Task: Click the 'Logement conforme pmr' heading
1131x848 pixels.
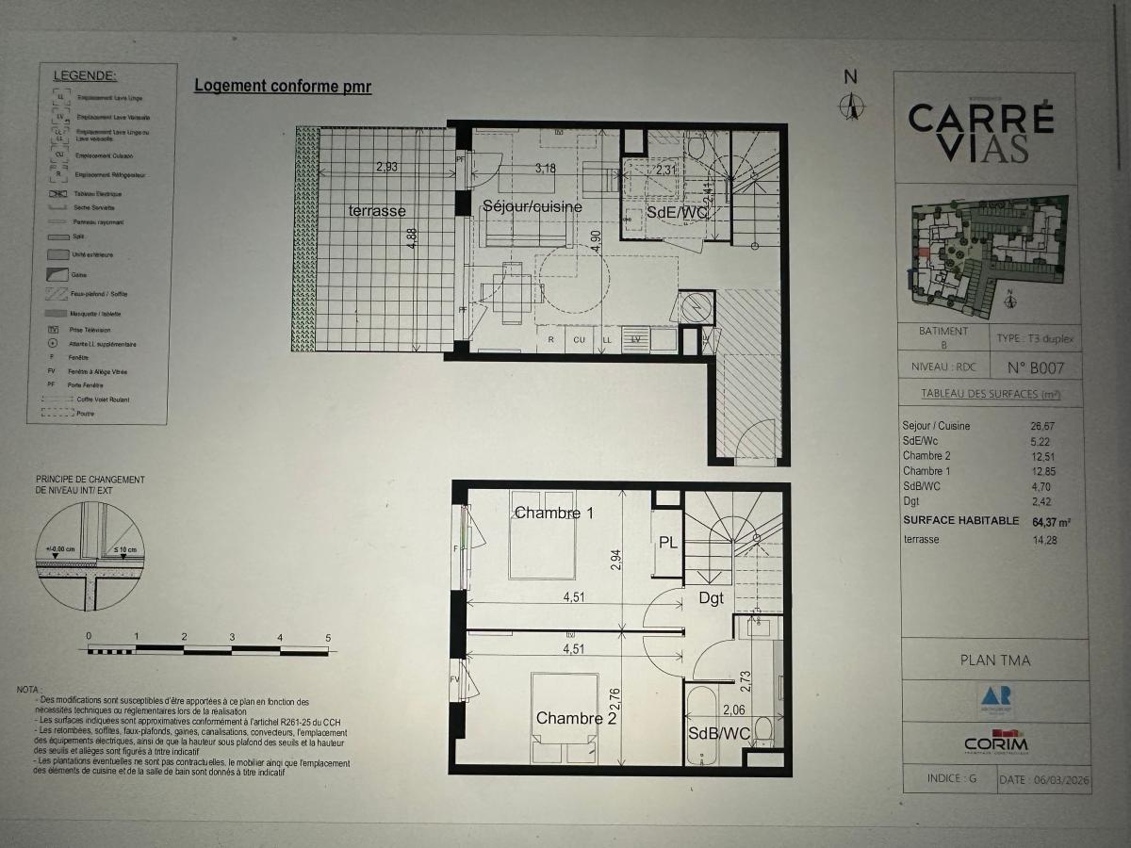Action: coord(283,87)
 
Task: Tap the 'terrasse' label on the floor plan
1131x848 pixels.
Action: coord(376,211)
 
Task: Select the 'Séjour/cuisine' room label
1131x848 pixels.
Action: coord(532,206)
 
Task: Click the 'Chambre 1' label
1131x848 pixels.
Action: coord(553,513)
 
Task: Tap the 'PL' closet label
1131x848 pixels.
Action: coord(668,543)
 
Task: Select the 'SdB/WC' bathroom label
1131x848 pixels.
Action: coord(719,734)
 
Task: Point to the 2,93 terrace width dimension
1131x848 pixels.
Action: coord(386,168)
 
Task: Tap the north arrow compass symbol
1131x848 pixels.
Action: coord(851,104)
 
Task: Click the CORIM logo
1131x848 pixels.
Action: coord(995,742)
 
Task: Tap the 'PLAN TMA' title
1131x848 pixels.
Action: coord(994,660)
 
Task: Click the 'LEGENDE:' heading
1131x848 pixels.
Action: coord(85,75)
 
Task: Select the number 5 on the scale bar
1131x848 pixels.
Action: coord(327,637)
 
